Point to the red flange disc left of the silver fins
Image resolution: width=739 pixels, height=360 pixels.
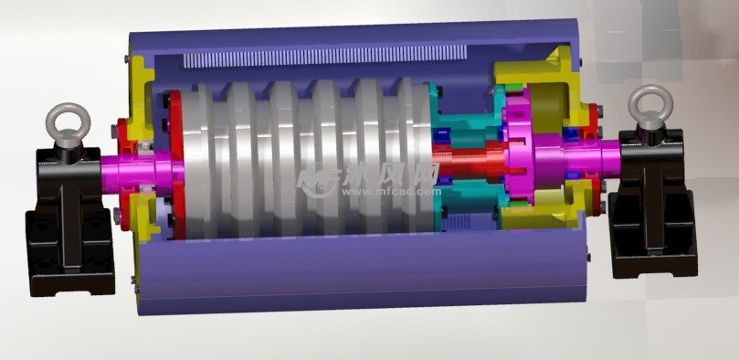click(184, 164)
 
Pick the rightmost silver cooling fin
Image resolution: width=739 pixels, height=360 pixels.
click(416, 155)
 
